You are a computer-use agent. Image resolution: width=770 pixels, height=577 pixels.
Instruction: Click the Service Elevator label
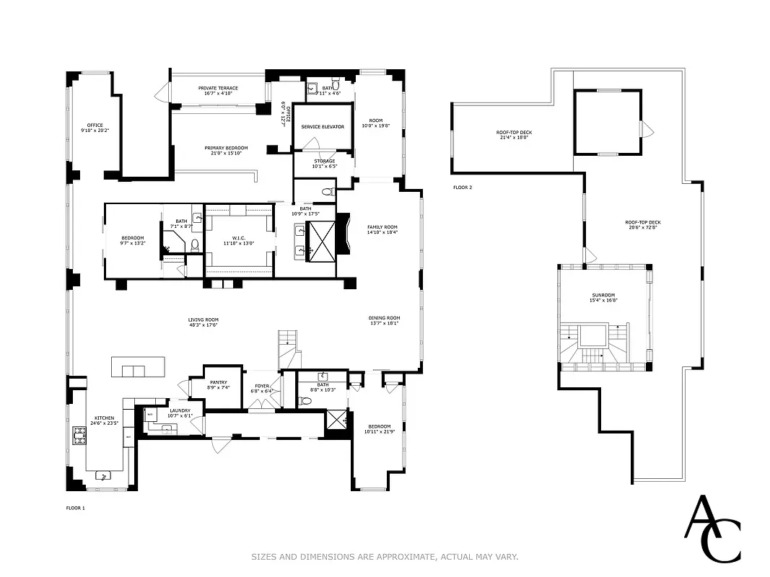(323, 127)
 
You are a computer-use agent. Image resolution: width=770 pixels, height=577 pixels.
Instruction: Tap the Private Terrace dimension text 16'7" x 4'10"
(217, 94)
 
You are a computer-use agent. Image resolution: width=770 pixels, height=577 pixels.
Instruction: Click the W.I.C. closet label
(239, 238)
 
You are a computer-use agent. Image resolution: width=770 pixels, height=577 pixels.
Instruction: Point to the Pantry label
(219, 382)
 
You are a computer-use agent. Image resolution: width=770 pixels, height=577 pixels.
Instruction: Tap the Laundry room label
(180, 410)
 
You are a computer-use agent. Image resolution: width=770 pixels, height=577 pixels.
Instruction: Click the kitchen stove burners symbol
(78, 436)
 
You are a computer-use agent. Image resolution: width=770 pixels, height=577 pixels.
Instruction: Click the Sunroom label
(603, 294)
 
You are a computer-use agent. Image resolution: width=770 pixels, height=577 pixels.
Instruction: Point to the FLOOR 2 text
(462, 188)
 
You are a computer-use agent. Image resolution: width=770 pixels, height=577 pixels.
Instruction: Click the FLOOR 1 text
(75, 508)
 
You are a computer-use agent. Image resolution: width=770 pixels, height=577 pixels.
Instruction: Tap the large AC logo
(712, 528)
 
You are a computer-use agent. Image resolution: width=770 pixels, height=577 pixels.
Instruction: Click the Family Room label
(382, 227)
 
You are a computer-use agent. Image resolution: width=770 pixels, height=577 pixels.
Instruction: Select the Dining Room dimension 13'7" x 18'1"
(384, 324)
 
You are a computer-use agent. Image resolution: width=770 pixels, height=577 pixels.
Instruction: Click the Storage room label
(324, 162)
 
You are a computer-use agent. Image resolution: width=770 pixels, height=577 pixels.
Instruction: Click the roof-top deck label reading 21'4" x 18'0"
(513, 138)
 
